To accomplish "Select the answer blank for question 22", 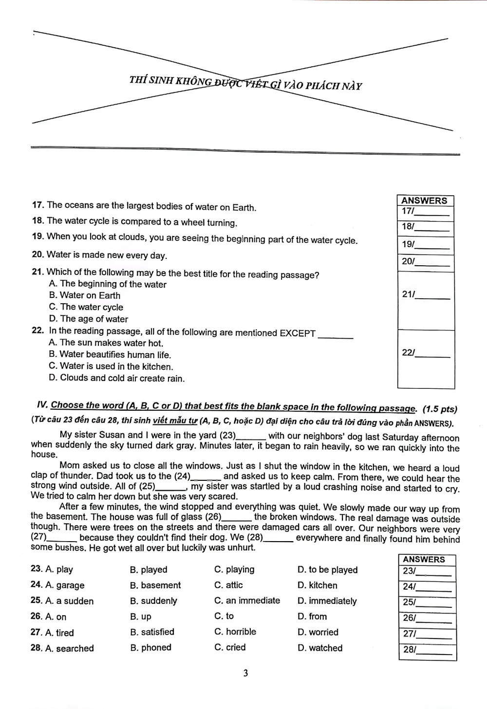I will [x=433, y=354].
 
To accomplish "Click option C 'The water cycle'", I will [x=86, y=307].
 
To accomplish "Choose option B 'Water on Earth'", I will [x=85, y=295].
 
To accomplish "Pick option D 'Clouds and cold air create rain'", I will [x=117, y=378].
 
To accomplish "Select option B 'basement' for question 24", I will [x=155, y=585].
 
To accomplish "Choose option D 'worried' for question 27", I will [x=318, y=632].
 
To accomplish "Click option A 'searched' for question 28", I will [x=70, y=648].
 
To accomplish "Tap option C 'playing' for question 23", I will [x=234, y=569].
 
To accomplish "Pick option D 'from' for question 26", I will [x=312, y=617].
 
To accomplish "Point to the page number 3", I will [x=245, y=673].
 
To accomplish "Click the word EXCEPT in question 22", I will [x=298, y=333].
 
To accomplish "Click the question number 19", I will [x=37, y=236].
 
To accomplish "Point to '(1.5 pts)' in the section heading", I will [x=440, y=409].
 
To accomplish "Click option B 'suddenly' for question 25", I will [x=154, y=601].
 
